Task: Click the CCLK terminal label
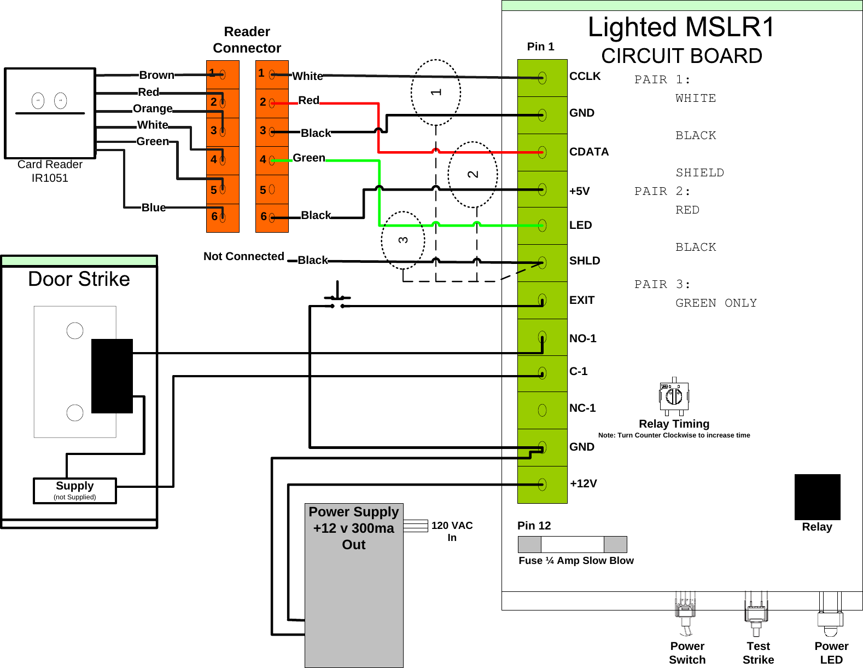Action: (x=585, y=77)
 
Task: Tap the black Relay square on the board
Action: (x=817, y=497)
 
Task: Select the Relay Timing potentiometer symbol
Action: (x=674, y=395)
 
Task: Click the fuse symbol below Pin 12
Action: (x=572, y=544)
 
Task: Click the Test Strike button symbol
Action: (x=756, y=613)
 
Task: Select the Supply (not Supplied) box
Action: (x=75, y=491)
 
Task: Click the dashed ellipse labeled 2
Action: (x=473, y=174)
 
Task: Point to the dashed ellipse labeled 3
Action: (x=403, y=240)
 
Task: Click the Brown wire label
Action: (x=156, y=75)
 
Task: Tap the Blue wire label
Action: (x=154, y=208)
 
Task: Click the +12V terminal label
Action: (x=583, y=483)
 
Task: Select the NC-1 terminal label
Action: (x=582, y=408)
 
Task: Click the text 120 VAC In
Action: (x=452, y=531)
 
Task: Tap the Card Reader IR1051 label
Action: (x=50, y=171)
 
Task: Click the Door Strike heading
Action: (x=79, y=279)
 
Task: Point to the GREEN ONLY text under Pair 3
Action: (x=716, y=303)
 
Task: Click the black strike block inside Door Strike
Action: (x=112, y=376)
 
